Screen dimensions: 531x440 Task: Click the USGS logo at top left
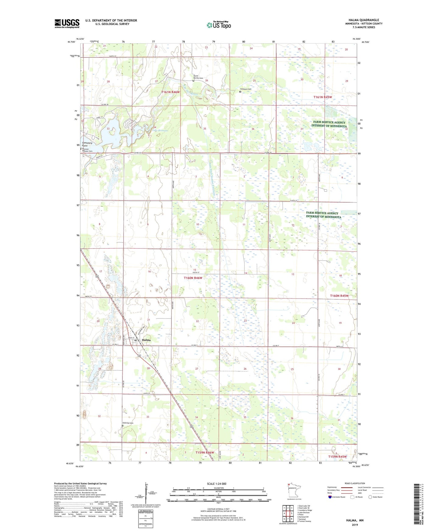67,23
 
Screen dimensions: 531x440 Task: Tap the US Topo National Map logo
218,25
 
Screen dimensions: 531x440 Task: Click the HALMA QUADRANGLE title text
364,20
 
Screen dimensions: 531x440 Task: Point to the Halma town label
146,340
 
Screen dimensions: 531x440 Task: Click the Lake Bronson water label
160,130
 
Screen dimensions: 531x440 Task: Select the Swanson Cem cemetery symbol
240,92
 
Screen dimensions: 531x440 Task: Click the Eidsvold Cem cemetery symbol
123,426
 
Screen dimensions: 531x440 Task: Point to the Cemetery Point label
87,144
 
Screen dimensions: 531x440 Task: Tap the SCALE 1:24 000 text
216,484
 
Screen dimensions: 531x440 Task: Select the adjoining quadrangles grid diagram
288,514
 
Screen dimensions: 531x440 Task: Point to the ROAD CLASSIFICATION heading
354,483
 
